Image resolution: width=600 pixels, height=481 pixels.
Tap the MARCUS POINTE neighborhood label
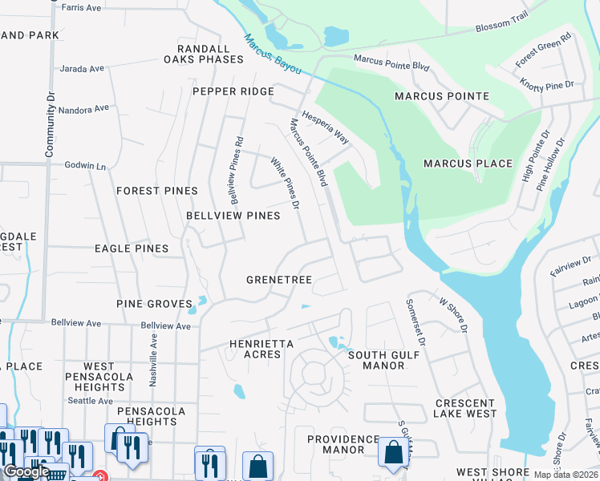(441, 96)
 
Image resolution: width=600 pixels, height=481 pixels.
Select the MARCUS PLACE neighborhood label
(468, 164)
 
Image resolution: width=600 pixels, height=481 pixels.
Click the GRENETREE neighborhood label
(278, 280)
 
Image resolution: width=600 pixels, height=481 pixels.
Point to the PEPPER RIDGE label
(233, 91)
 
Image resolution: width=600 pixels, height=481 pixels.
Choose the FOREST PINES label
(156, 191)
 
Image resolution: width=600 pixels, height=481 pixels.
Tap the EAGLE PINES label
(132, 249)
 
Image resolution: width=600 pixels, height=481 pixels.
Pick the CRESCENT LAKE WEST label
(465, 408)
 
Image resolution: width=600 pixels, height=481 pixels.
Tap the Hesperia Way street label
(325, 127)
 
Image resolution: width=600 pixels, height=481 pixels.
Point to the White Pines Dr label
(284, 184)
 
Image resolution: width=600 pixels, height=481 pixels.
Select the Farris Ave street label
(83, 8)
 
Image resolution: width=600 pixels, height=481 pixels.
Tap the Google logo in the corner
(26, 472)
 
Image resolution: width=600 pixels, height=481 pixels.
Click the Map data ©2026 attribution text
(566, 475)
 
